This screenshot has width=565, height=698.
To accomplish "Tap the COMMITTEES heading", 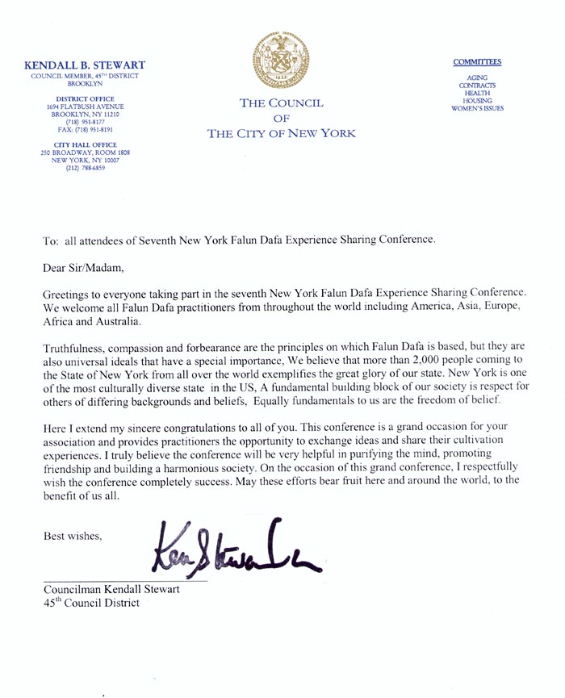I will click(476, 61).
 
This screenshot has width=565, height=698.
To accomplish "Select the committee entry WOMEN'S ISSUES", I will click(477, 107).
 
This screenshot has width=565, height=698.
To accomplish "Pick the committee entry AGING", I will click(477, 77).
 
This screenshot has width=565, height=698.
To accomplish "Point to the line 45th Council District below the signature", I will click(91, 603).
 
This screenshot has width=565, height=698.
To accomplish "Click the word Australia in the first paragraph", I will click(116, 322).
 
